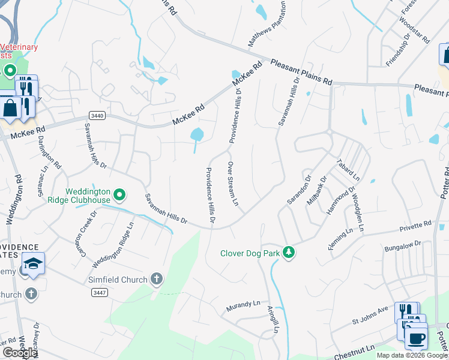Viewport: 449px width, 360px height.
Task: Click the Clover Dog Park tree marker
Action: pos(289,252)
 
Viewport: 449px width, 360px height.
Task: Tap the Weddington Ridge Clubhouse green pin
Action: pos(119,195)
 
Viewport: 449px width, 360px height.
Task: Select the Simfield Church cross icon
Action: pos(156,279)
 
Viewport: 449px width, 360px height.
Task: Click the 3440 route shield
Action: pos(97,115)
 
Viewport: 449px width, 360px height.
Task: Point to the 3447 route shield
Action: pos(100,292)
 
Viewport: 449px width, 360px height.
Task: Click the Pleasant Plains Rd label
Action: pos(301,71)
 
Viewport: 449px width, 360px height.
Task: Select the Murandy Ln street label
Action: pos(243,307)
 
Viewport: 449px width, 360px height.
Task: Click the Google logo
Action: pos(20,352)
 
